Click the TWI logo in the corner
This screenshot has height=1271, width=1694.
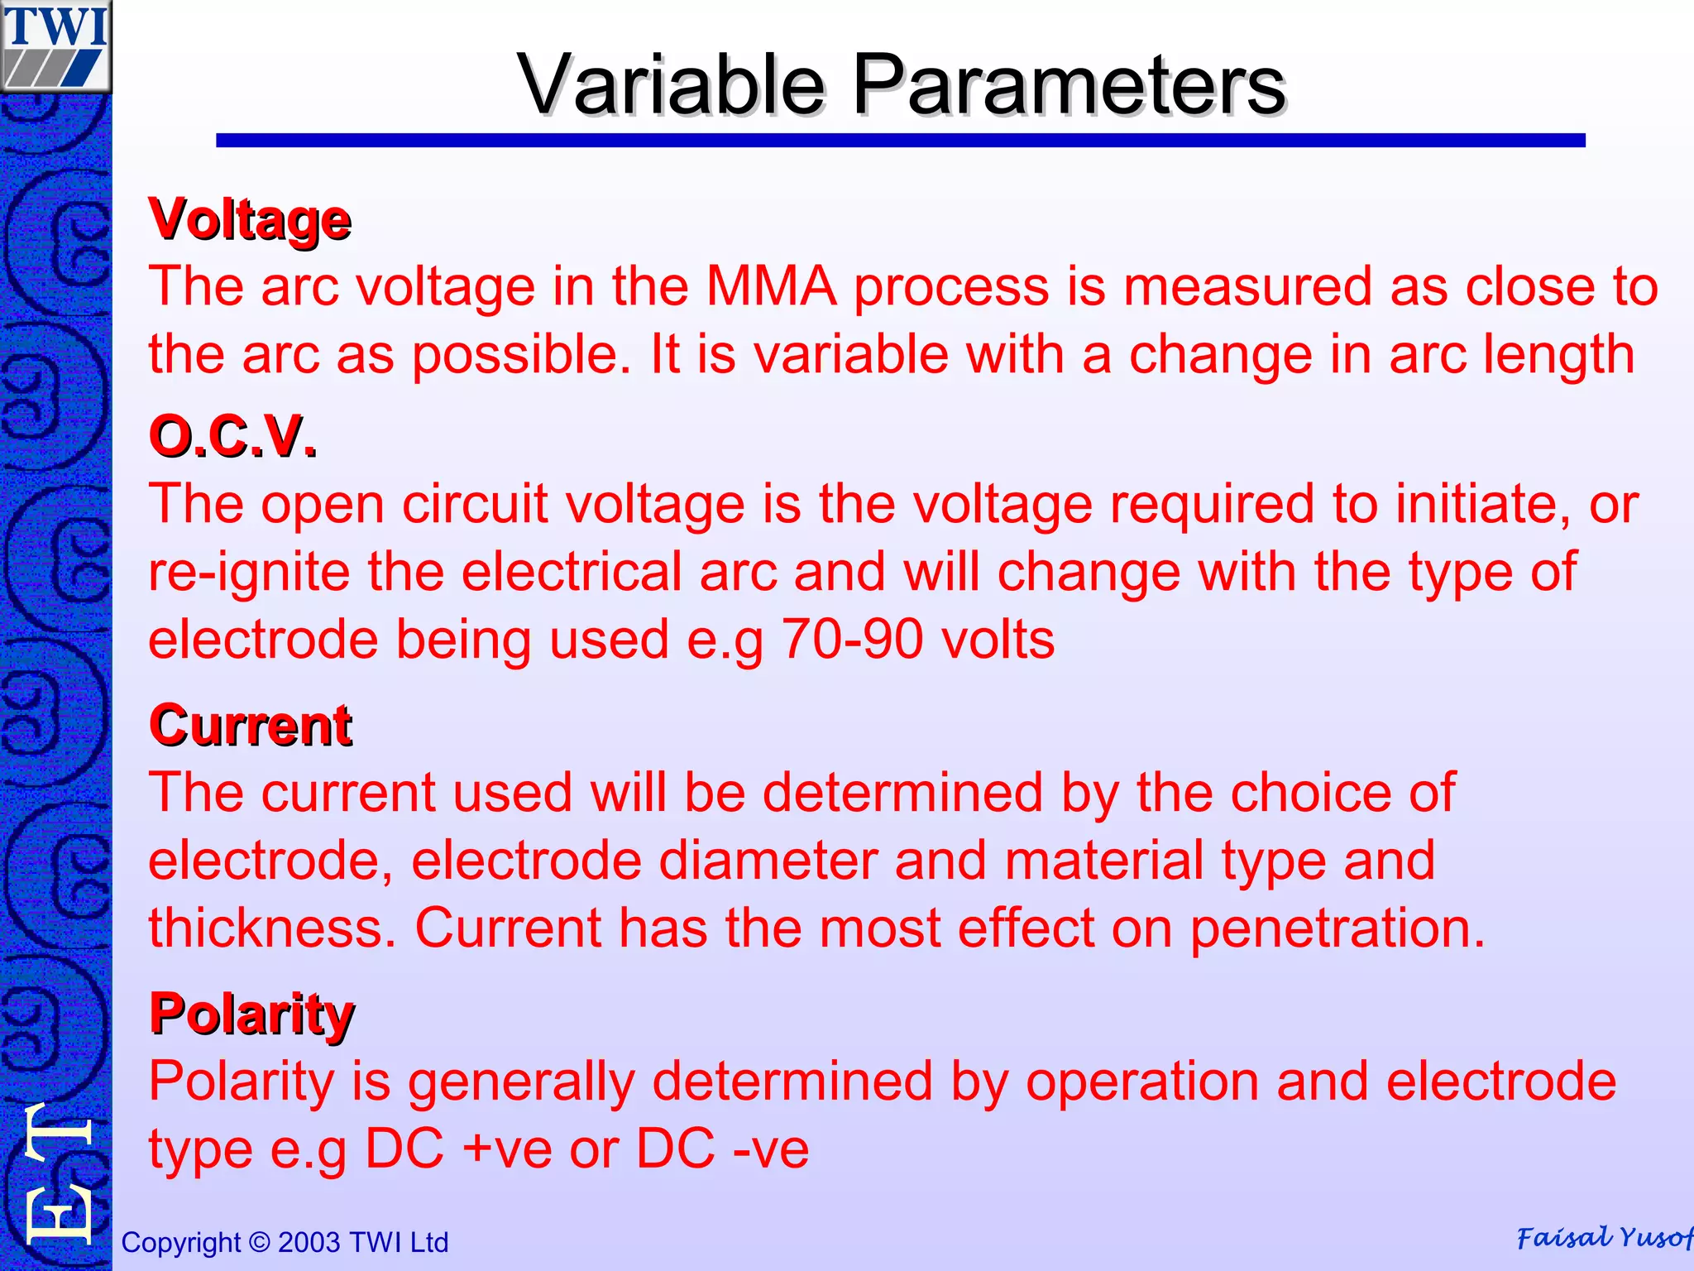pos(55,46)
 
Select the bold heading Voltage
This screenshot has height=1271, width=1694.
pos(250,220)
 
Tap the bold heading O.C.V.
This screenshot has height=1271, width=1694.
pos(232,436)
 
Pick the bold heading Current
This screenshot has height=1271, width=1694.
pos(251,726)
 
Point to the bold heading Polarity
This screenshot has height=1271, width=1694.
pos(251,1014)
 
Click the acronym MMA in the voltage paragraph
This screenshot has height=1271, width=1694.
pos(770,287)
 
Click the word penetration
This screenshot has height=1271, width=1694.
pos(1337,928)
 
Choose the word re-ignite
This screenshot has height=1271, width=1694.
pos(249,573)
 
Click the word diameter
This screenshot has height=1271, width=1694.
pos(768,861)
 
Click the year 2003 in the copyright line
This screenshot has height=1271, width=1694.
pos(309,1242)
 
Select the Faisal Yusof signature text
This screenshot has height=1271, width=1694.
pos(1603,1238)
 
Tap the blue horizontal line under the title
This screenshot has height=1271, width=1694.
pos(900,141)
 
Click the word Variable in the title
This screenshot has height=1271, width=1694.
pos(671,85)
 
